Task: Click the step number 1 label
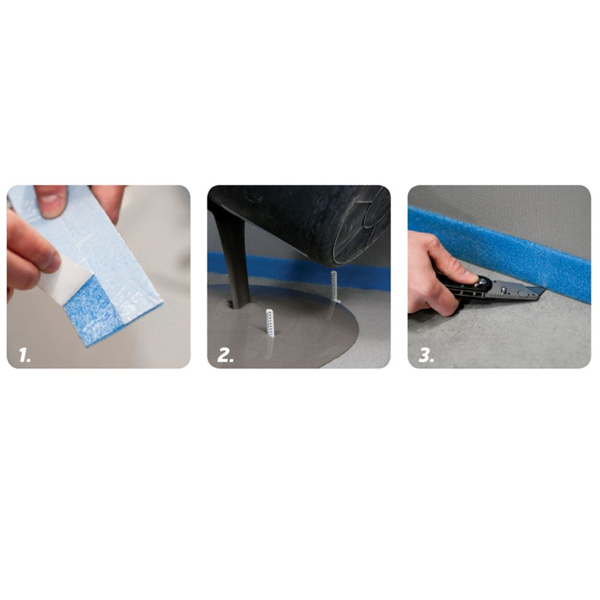click(25, 356)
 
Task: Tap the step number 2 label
click(225, 356)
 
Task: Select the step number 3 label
click(426, 356)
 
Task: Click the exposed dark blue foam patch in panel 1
click(92, 314)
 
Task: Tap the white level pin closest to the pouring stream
click(270, 323)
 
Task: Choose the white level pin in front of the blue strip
click(334, 286)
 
